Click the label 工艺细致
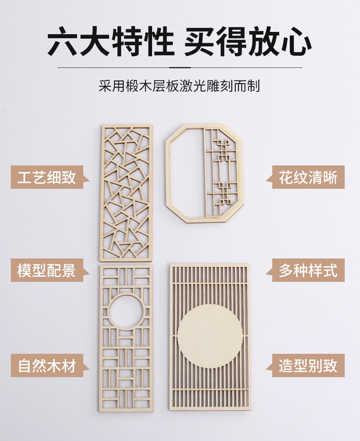pos(47,177)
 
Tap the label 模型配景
pos(47,271)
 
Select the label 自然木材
pos(47,365)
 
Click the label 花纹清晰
pos(308,177)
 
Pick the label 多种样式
pos(308,271)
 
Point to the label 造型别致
pos(308,365)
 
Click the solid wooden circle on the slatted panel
pos(209,336)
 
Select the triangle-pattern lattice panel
pos(126,193)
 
